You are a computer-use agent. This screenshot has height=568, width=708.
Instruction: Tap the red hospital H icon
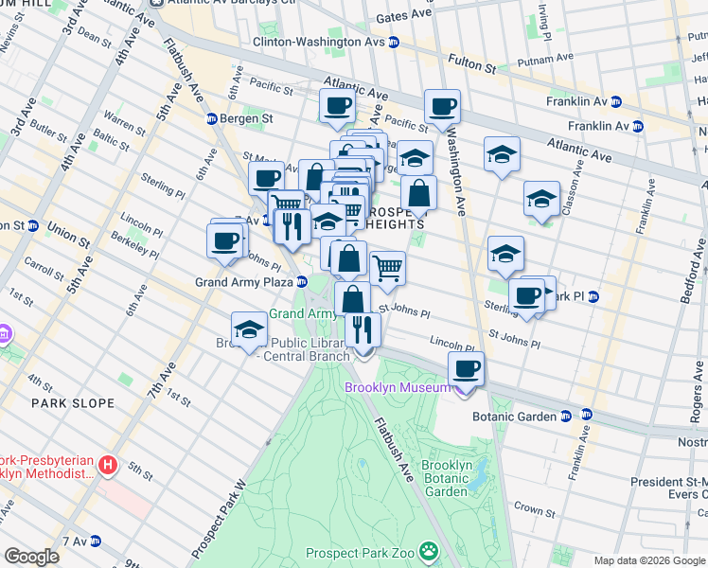click(109, 466)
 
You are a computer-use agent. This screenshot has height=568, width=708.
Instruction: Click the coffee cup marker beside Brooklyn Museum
click(466, 369)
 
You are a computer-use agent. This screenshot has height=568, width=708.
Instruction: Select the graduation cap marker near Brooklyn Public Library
click(249, 329)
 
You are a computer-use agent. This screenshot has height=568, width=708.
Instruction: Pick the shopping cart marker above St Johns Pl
click(387, 268)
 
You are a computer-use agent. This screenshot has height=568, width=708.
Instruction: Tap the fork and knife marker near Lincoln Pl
click(363, 330)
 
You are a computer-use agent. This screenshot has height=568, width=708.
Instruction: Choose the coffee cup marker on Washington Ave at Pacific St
click(442, 106)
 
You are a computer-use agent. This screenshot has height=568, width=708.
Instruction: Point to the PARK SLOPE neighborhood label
click(73, 403)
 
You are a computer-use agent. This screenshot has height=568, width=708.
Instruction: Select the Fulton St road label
click(477, 68)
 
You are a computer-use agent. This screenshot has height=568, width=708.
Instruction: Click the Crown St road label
click(534, 509)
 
